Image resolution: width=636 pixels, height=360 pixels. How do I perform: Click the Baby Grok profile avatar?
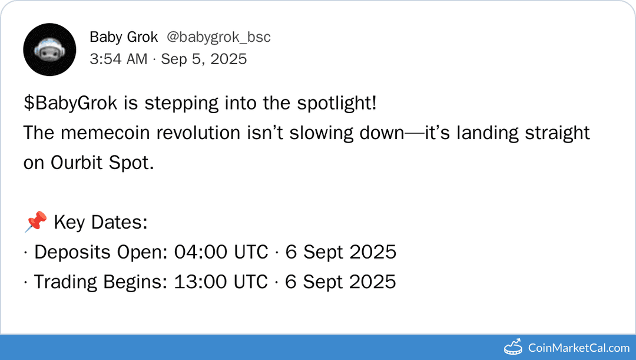49,49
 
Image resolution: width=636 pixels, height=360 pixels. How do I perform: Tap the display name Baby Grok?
124,37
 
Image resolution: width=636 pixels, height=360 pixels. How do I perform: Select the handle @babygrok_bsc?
218,37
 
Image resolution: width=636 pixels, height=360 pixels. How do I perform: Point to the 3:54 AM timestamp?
118,59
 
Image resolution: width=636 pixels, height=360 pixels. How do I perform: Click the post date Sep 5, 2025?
204,59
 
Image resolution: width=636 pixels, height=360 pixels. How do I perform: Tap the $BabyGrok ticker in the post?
72,103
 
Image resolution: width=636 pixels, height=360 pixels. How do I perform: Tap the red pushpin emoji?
35,222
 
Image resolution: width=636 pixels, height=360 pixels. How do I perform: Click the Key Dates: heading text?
100,223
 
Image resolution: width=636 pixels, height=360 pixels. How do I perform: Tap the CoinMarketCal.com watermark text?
578,348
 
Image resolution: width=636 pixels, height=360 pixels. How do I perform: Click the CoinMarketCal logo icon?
514,347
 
